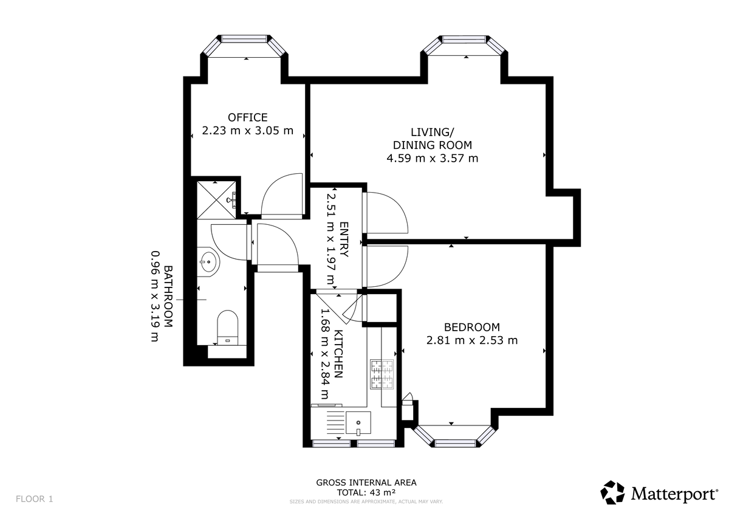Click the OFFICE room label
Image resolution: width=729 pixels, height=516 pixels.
pos(248,117)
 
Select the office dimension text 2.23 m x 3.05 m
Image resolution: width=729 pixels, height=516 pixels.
pos(248,131)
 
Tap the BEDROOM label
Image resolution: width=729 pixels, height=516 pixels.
pos(472,327)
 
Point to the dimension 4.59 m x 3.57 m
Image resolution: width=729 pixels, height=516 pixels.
pos(432,158)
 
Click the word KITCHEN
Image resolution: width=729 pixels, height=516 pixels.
pos(339,354)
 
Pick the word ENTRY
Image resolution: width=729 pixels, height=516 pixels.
pos(344,239)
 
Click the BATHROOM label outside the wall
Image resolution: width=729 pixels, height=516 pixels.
pos(168,296)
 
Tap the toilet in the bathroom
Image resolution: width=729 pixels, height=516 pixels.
pos(227,327)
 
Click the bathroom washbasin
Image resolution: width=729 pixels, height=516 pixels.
pos(208,261)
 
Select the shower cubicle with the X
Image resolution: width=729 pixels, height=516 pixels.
pos(216,200)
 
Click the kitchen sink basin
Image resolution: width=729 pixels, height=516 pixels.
pos(358,422)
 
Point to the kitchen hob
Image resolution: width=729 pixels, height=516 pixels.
pos(382,374)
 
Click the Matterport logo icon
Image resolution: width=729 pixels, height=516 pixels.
pos(612,492)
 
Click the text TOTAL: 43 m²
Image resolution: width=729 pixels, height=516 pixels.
pos(366,492)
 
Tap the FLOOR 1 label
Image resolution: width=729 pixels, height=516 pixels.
pos(34,499)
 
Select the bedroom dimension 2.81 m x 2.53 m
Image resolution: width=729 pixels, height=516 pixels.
pos(472,340)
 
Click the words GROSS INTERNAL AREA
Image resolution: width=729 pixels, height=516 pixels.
pos(366,482)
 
